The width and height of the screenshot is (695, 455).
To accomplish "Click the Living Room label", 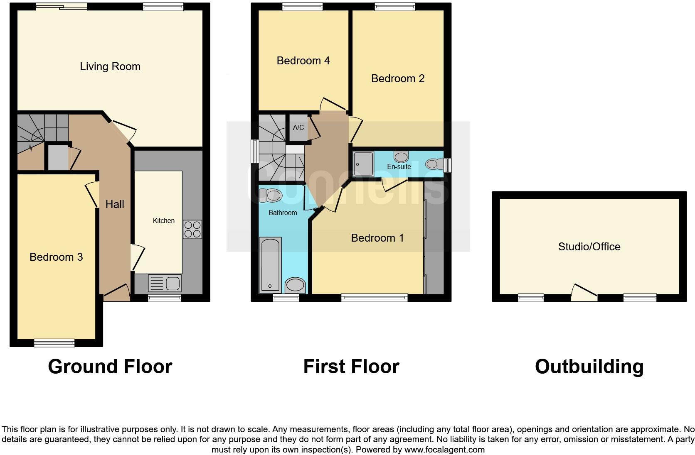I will (x=110, y=66).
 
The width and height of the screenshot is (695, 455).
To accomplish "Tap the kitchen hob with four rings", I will (x=192, y=229).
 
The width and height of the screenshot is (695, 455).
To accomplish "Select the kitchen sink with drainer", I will (x=165, y=284).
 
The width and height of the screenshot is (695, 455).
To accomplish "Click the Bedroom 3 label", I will (x=56, y=257).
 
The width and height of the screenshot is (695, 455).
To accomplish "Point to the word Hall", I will (x=115, y=204).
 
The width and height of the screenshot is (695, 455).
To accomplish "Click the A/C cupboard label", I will (x=298, y=128).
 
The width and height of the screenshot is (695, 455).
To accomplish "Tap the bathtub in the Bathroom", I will (x=270, y=264).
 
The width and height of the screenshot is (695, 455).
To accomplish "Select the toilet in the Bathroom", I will (x=271, y=195).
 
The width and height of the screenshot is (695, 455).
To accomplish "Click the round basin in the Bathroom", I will (x=296, y=285).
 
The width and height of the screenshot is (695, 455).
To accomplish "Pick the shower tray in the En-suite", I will (x=363, y=164).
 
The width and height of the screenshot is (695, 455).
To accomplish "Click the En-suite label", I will (x=399, y=167).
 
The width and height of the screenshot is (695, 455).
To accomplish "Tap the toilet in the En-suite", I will (x=433, y=164).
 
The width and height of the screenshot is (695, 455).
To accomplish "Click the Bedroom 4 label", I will (x=303, y=61).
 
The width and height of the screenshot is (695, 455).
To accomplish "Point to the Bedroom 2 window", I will (x=394, y=6).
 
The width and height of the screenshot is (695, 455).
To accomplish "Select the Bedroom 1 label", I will (x=377, y=238).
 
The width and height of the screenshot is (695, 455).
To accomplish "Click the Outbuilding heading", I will (x=589, y=367).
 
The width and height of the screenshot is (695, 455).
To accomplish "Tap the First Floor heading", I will (x=351, y=367).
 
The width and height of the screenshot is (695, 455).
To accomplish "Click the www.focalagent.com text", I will (x=444, y=449).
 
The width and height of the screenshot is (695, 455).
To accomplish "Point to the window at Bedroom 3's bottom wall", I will (x=54, y=343).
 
